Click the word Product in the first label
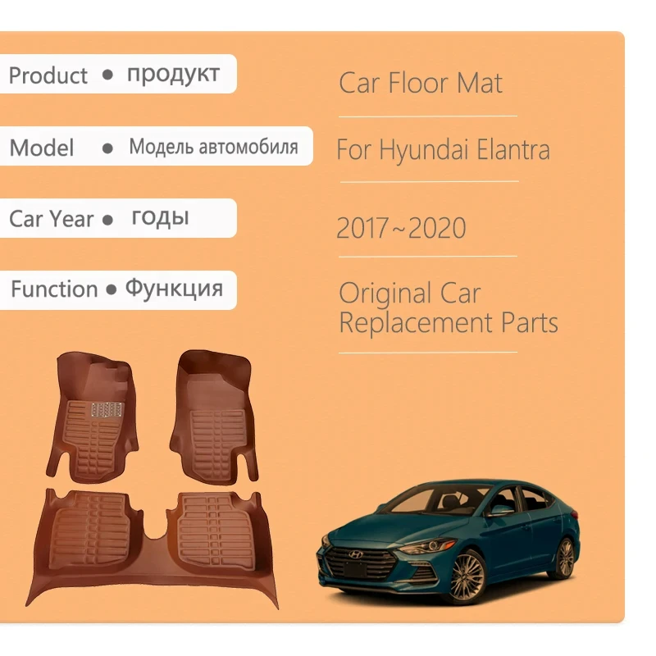[48, 75]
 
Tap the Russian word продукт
[173, 75]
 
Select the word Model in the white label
[42, 148]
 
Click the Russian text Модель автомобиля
[213, 147]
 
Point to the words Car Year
[51, 219]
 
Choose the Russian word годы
[160, 218]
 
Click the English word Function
[54, 289]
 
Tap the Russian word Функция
[174, 289]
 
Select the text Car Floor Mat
[421, 83]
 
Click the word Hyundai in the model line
[423, 150]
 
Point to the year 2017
[362, 228]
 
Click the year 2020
[437, 228]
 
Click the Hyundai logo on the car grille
[356, 554]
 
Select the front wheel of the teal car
[465, 578]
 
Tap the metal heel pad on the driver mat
[107, 410]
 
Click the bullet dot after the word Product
[107, 75]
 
